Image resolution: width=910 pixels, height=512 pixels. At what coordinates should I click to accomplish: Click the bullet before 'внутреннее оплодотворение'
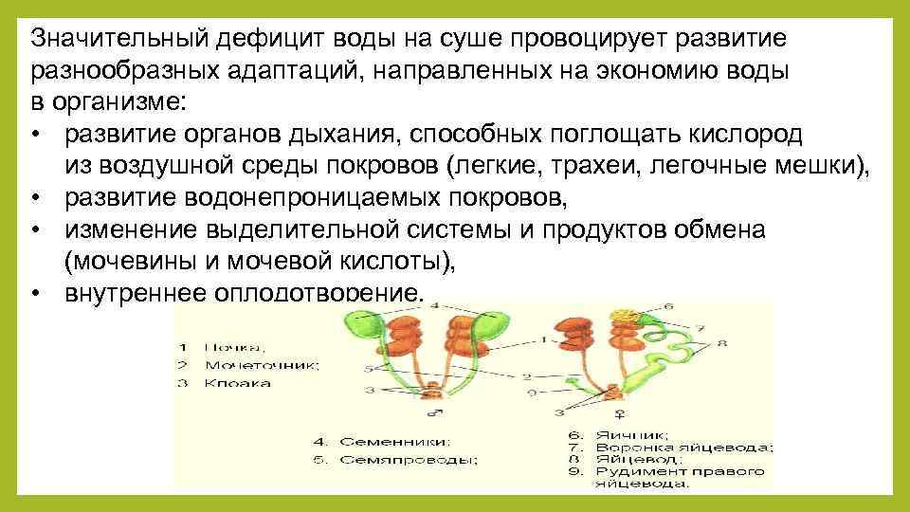coord(35,292)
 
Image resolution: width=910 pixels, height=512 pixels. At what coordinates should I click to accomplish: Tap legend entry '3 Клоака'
coord(225,383)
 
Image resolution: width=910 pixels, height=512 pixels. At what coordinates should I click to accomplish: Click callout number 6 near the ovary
coord(668,306)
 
